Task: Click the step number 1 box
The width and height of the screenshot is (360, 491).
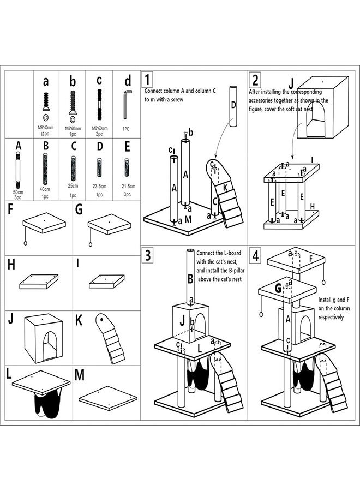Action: pos(147,80)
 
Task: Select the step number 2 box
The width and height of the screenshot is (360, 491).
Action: pos(255,80)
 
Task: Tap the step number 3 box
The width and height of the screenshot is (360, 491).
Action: pos(147,255)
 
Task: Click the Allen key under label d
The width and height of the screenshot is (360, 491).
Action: pos(127,105)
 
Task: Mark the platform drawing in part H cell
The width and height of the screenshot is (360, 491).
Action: pos(39,282)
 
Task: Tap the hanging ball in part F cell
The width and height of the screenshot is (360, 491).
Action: pos(25,243)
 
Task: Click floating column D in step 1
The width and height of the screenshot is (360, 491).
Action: pos(233,106)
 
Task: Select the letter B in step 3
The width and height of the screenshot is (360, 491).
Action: pos(190,279)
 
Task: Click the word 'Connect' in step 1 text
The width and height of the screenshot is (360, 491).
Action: pos(155,91)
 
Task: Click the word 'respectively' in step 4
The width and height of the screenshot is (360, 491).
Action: pos(331,317)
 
